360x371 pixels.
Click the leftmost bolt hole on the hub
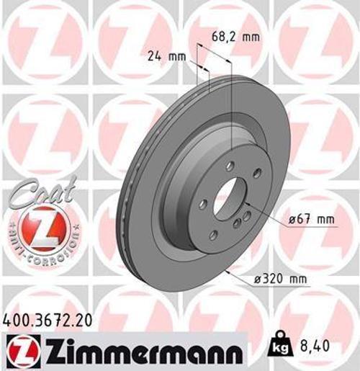[204, 203]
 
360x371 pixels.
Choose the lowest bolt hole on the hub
[213, 233]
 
